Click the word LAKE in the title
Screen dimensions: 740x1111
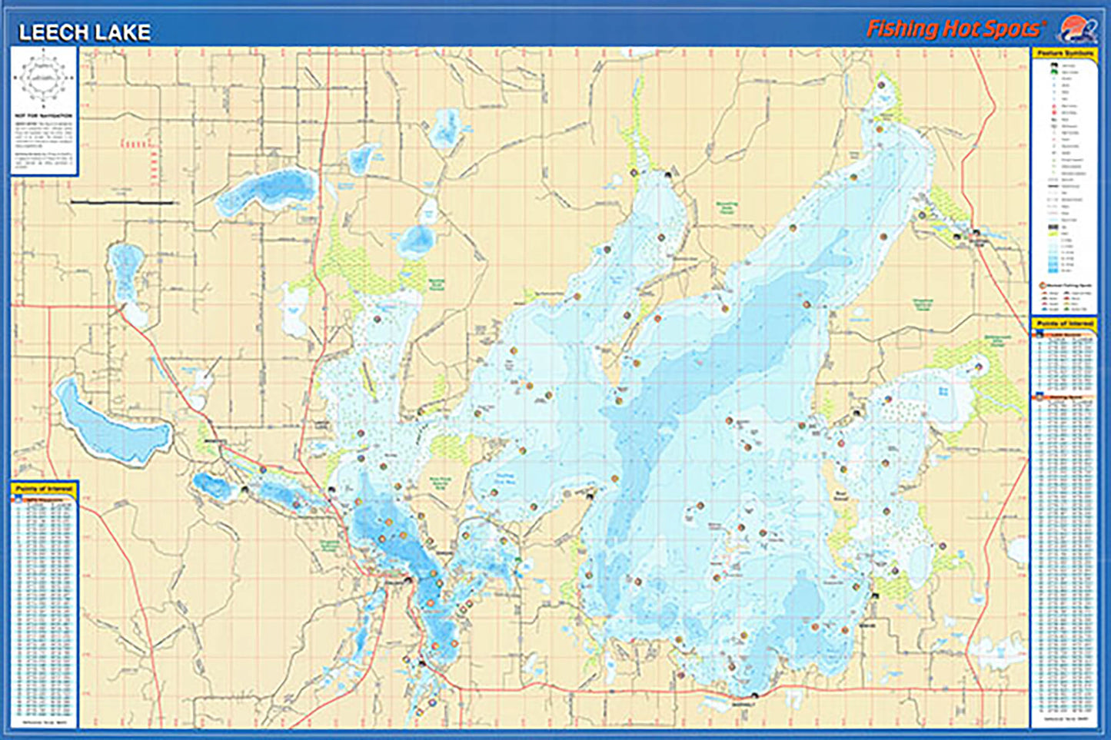[122, 32]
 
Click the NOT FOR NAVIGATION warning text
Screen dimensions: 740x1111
[44, 116]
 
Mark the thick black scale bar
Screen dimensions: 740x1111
[123, 202]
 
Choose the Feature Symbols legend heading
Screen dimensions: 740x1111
[1064, 53]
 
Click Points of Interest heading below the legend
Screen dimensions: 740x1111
[1064, 324]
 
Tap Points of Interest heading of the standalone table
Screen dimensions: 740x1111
[44, 488]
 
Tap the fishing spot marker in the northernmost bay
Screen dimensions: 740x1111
[881, 85]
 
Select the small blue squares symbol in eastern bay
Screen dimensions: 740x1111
[943, 391]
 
